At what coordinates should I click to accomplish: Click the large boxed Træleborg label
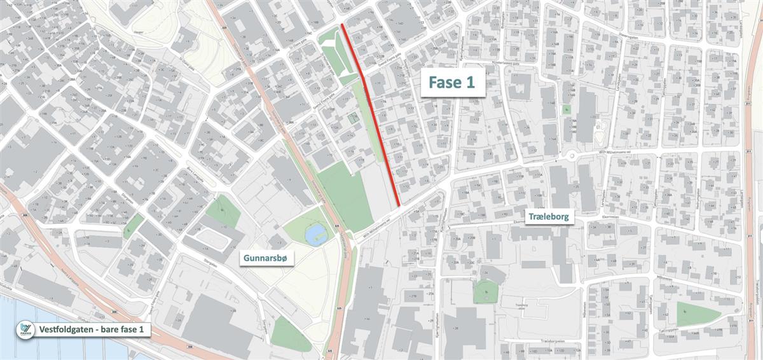551,218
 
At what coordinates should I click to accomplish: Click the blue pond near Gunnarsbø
314,235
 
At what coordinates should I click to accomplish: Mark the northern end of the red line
342,25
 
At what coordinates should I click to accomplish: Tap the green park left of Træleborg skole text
486,291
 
